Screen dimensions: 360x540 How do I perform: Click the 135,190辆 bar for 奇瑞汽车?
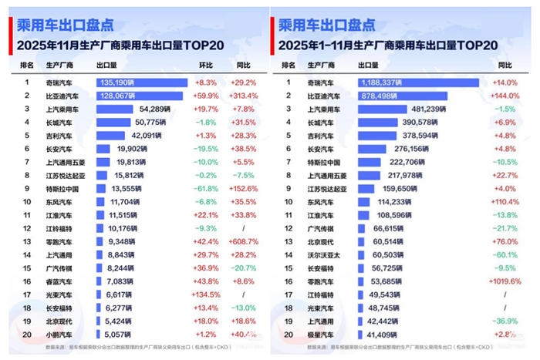point(141,81)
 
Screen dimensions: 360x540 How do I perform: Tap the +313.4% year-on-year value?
point(244,96)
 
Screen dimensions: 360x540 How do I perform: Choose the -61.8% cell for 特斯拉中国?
point(204,187)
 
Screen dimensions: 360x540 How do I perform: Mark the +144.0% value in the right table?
point(506,96)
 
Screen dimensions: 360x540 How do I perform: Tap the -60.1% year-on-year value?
point(506,254)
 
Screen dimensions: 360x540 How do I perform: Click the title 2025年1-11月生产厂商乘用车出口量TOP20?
point(386,45)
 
